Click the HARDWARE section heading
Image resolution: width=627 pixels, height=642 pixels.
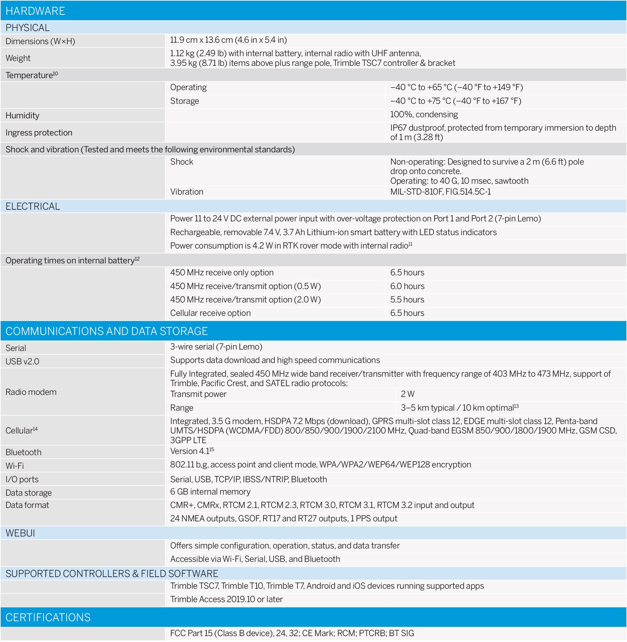click(x=35, y=11)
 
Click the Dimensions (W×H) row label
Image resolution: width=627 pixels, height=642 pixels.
click(x=40, y=41)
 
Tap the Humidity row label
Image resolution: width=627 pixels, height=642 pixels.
click(x=22, y=116)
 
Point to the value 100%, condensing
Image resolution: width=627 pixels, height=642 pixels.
click(x=424, y=114)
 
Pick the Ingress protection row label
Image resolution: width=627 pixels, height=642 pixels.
click(x=39, y=133)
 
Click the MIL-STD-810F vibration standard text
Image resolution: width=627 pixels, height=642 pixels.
click(x=440, y=192)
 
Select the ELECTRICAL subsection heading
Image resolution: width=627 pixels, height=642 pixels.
click(x=33, y=206)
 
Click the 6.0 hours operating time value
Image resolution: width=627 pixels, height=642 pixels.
click(x=407, y=286)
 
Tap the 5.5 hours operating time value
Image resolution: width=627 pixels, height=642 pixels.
click(x=407, y=300)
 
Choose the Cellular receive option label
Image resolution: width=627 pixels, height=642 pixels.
click(x=210, y=313)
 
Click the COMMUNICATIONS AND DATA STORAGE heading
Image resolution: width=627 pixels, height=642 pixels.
click(x=107, y=331)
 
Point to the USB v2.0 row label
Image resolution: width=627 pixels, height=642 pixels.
click(x=22, y=362)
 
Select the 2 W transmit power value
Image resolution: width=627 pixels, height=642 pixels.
click(x=408, y=394)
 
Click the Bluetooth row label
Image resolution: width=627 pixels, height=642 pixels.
click(x=24, y=452)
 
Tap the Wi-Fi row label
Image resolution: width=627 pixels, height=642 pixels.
click(x=14, y=466)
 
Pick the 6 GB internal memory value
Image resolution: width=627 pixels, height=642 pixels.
click(x=210, y=492)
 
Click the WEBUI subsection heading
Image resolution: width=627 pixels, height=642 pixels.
click(x=20, y=533)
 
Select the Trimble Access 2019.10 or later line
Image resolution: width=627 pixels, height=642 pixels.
click(x=227, y=599)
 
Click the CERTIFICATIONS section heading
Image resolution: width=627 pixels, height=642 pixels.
click(x=48, y=618)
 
